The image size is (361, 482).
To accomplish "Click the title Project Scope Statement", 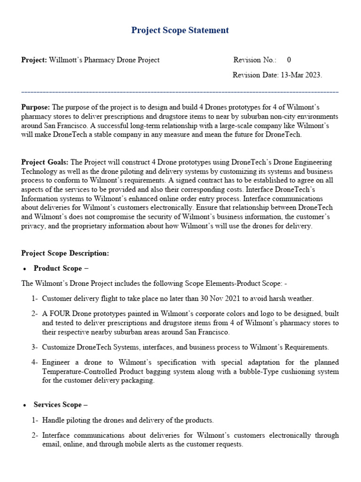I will click(x=180, y=30).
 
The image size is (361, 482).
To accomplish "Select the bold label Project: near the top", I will click(x=34, y=60).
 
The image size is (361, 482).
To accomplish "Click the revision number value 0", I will click(x=289, y=60).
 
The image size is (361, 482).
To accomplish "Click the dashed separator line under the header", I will click(x=180, y=92).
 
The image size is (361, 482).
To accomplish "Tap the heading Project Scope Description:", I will click(x=65, y=253).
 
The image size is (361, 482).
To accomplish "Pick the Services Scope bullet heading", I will click(x=61, y=405).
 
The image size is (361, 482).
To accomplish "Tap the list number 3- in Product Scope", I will click(x=34, y=347).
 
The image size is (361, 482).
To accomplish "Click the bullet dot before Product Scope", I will click(x=24, y=269).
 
